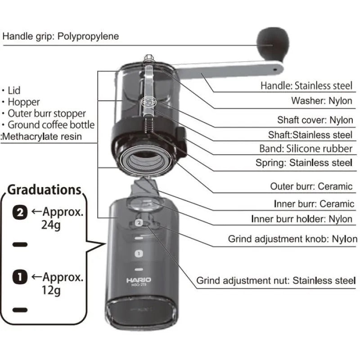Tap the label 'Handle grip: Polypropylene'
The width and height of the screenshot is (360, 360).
(x=61, y=36)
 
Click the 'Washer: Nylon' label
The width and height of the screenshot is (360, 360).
(x=321, y=101)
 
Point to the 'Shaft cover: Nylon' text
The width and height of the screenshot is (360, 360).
(x=315, y=120)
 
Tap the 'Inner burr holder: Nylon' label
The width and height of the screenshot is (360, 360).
(x=302, y=219)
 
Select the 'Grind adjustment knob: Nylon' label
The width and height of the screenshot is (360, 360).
(x=292, y=239)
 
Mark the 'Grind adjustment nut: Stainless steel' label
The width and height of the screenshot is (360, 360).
(x=276, y=281)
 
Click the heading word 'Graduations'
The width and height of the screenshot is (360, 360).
(x=44, y=189)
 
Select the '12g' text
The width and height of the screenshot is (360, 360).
(x=50, y=290)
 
